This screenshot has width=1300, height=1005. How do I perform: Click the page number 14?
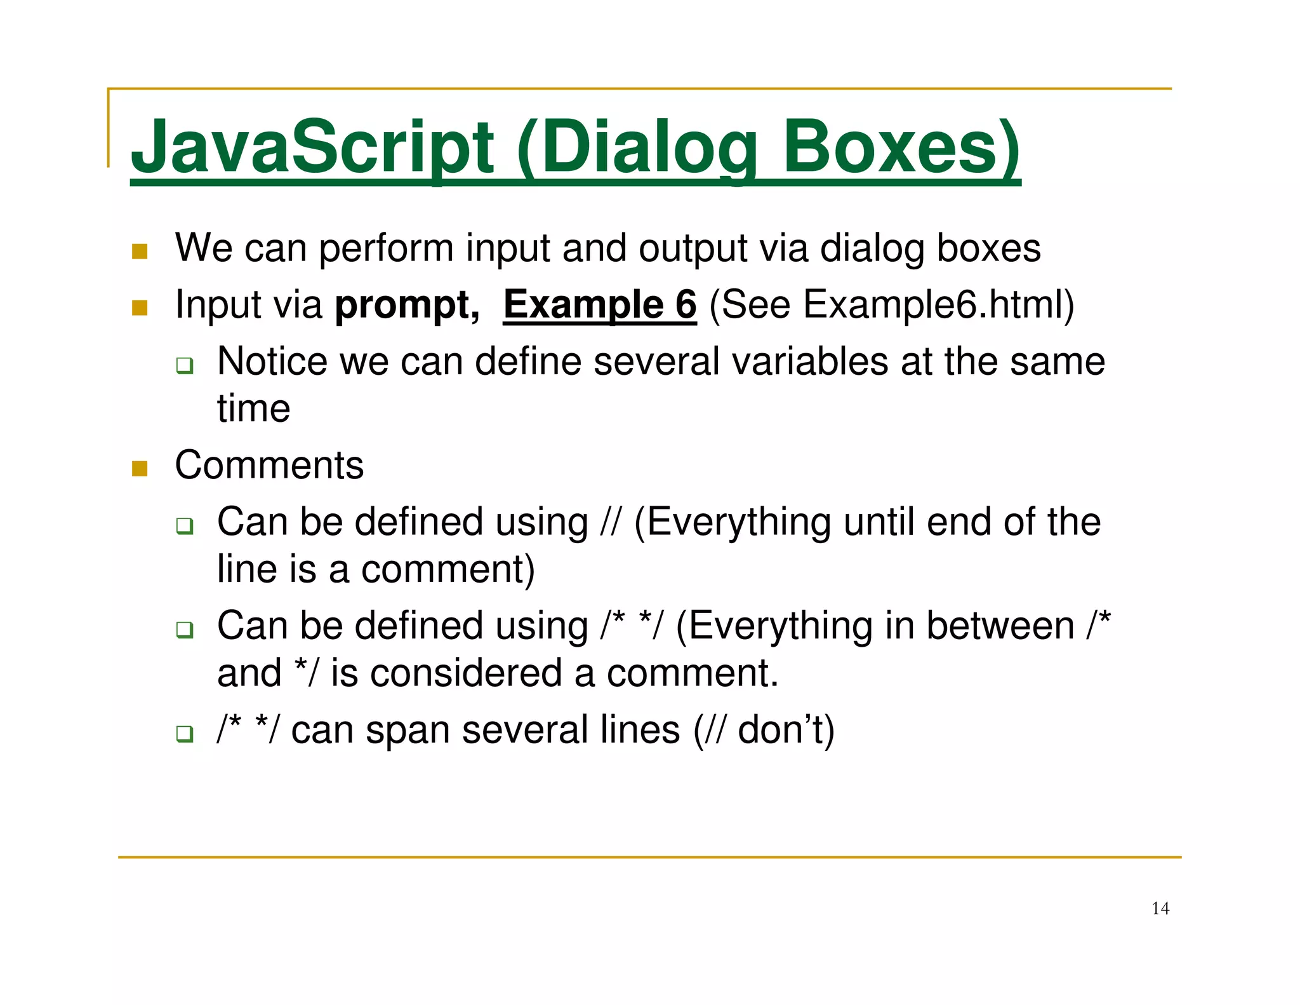(1160, 908)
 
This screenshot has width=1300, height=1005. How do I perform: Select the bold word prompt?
(407, 305)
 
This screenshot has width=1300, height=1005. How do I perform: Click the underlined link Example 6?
(600, 305)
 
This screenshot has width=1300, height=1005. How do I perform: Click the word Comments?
(269, 466)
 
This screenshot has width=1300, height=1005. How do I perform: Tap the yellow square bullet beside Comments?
(140, 469)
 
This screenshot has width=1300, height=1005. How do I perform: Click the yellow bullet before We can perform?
(140, 252)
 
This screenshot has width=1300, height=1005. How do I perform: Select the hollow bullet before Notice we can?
(185, 366)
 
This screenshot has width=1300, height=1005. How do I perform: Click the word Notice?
(272, 361)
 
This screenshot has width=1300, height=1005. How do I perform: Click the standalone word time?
(253, 408)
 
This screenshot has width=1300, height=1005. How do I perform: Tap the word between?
(1000, 626)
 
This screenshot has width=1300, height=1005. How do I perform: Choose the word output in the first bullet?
(693, 248)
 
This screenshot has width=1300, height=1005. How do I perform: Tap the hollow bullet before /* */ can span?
(185, 734)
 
